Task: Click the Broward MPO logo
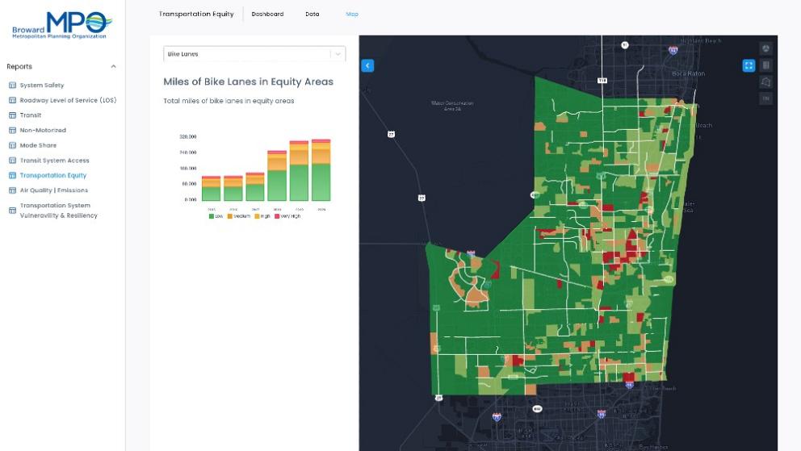pyautogui.click(x=62, y=25)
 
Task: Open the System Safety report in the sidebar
pyautogui.click(x=41, y=86)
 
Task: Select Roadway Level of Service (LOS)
pyautogui.click(x=68, y=100)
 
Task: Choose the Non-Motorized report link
pyautogui.click(x=43, y=130)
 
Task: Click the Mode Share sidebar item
pyautogui.click(x=38, y=145)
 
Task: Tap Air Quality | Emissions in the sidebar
pyautogui.click(x=53, y=190)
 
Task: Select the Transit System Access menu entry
pyautogui.click(x=54, y=161)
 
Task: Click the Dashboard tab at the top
pyautogui.click(x=267, y=15)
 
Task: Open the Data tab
pyautogui.click(x=312, y=15)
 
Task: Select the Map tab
pyautogui.click(x=352, y=15)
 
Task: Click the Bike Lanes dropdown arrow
pyautogui.click(x=338, y=54)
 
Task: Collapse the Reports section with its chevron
pyautogui.click(x=113, y=67)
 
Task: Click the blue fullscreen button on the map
pyautogui.click(x=749, y=65)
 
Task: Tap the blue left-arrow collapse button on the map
pyautogui.click(x=367, y=65)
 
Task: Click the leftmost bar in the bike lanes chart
pyautogui.click(x=211, y=189)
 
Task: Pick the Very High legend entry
pyautogui.click(x=288, y=216)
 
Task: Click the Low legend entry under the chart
pyautogui.click(x=216, y=216)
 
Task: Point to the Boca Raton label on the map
pyautogui.click(x=689, y=73)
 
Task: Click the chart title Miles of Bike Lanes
pyautogui.click(x=248, y=81)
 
